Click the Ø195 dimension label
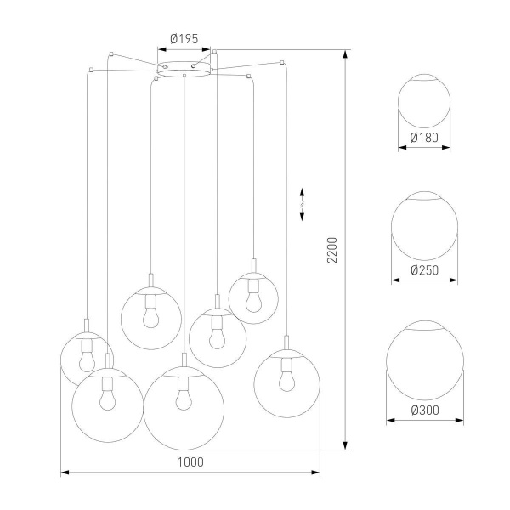click(184, 38)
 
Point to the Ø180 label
click(424, 138)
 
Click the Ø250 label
click(424, 270)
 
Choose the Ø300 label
click(424, 411)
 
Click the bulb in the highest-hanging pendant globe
click(252, 297)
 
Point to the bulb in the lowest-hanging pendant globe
click(183, 398)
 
